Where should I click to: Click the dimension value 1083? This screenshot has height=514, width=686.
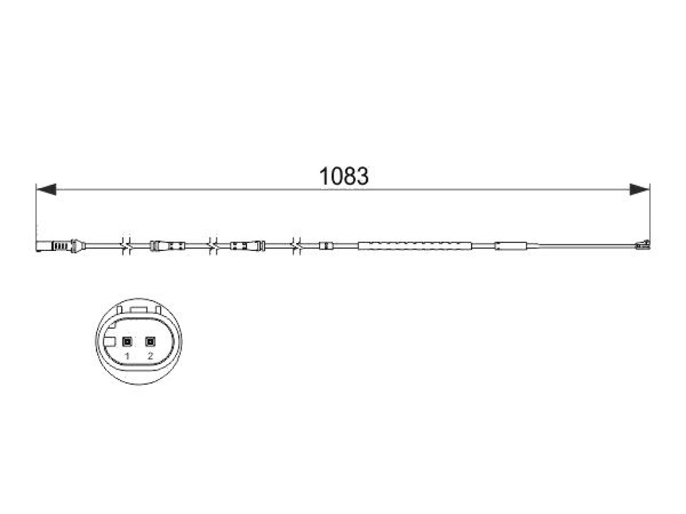pyautogui.click(x=344, y=176)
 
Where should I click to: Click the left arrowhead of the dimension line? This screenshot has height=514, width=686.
pyautogui.click(x=46, y=189)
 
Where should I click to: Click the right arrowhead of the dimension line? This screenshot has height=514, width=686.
pyautogui.click(x=640, y=189)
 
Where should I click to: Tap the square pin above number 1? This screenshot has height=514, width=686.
pyautogui.click(x=127, y=341)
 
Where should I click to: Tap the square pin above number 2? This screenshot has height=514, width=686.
pyautogui.click(x=151, y=341)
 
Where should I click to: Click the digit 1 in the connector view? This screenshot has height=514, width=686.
pyautogui.click(x=127, y=356)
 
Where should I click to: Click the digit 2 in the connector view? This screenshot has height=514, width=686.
pyautogui.click(x=151, y=356)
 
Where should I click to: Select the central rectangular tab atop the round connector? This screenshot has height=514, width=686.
pyautogui.click(x=139, y=309)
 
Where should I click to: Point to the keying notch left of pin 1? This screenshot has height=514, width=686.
pyautogui.click(x=111, y=341)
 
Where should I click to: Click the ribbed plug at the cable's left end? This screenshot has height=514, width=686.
pyautogui.click(x=58, y=246)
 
